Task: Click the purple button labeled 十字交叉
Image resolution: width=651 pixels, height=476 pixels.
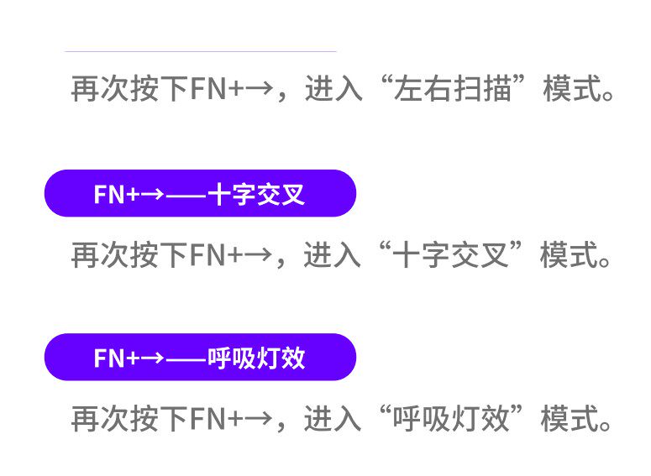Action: (x=200, y=193)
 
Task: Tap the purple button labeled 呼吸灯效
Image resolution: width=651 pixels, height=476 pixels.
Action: (x=200, y=357)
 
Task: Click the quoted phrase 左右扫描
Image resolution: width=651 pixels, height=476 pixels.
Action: (x=453, y=88)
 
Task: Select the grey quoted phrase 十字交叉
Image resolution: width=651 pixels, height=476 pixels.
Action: (x=450, y=254)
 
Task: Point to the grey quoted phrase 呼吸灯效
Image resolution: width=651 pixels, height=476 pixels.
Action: (x=451, y=418)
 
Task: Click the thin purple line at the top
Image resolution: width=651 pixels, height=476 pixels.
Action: (x=201, y=52)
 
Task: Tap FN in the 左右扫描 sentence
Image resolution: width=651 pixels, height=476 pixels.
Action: (x=207, y=89)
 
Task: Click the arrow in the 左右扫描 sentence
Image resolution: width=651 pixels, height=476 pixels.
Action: (x=258, y=89)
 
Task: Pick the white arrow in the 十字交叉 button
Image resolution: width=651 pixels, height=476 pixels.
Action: (x=152, y=194)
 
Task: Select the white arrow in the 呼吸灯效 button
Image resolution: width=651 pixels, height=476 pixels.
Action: (x=152, y=358)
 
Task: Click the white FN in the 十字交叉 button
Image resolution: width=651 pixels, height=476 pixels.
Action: (x=109, y=194)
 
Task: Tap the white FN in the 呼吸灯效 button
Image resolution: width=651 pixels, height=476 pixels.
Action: (x=109, y=358)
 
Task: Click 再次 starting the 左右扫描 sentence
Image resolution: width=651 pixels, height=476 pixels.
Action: (x=100, y=88)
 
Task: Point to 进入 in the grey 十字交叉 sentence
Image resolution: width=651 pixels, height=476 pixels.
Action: (x=332, y=254)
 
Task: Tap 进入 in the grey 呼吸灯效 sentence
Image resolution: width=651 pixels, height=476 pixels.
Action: (x=333, y=418)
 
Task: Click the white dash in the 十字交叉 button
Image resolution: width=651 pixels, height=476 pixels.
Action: (x=186, y=194)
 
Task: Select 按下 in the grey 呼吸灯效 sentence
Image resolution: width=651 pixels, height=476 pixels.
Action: (x=160, y=418)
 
